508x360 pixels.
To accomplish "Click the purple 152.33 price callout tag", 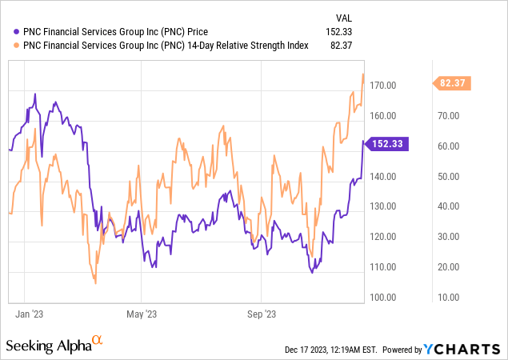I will (390, 144).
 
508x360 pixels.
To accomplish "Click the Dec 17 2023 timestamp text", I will (330, 350).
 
